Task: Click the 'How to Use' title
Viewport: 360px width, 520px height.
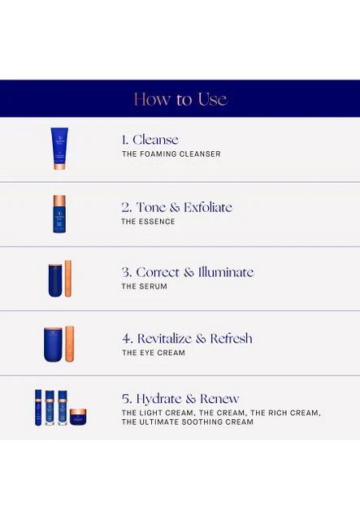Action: point(180,99)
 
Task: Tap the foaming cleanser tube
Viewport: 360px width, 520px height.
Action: point(59,149)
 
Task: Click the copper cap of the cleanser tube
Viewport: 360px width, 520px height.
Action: point(59,166)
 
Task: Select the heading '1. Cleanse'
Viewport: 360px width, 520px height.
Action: point(150,140)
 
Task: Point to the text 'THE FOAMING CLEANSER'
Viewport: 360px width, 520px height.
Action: point(171,154)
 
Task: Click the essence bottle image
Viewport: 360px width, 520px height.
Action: point(59,214)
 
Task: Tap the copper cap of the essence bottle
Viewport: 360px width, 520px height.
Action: point(59,201)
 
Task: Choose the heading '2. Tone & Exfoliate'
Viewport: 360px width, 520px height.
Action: point(176,207)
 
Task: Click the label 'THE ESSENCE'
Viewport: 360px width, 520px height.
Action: point(148,222)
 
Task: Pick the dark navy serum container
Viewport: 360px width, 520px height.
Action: point(55,280)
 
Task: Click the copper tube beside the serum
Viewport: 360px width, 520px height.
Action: point(68,278)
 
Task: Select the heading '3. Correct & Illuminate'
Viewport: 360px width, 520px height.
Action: point(188,272)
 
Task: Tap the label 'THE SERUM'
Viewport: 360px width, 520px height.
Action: point(145,286)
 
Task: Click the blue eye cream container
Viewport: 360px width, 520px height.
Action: point(53,344)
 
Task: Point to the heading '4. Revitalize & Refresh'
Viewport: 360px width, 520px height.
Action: point(187,339)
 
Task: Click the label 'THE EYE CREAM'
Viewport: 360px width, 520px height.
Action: point(154,353)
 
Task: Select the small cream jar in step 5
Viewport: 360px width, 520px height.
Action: point(78,417)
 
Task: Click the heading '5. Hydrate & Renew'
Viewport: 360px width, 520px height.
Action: point(180,399)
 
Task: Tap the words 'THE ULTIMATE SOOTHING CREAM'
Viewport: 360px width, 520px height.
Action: point(188,422)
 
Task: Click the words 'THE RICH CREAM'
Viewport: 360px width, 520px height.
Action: point(284,413)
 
